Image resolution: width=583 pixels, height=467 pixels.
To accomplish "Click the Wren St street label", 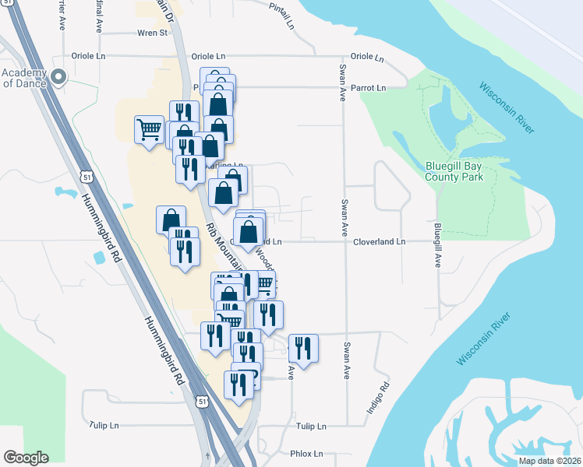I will click(152, 33).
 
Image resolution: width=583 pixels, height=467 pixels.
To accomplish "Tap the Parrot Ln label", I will click(368, 88).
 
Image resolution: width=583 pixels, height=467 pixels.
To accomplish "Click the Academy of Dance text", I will click(24, 79).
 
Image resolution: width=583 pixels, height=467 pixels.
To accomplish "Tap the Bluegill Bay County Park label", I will click(454, 171).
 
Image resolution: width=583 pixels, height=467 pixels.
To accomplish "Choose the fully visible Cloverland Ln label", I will click(380, 242).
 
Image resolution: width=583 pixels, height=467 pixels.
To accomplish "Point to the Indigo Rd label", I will click(378, 398).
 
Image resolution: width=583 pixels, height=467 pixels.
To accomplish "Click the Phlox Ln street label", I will click(306, 454).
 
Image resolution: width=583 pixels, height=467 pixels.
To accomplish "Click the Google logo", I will click(26, 458).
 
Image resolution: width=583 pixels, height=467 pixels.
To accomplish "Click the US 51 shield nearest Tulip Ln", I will click(202, 401).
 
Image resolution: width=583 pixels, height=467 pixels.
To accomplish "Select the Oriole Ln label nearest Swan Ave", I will click(367, 57).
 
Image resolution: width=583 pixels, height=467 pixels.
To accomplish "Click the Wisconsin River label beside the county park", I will click(507, 107).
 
